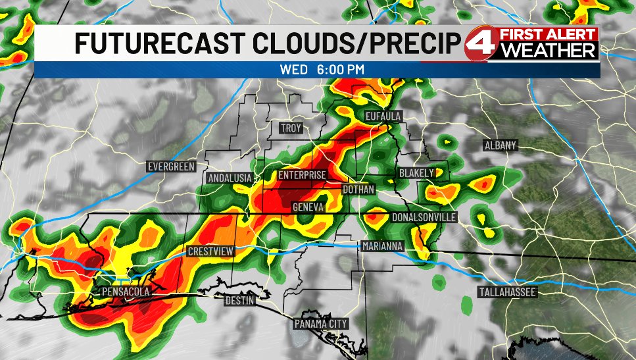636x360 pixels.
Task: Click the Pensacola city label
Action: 126,291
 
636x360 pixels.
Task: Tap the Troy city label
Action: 290,128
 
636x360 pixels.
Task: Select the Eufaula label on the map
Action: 383,116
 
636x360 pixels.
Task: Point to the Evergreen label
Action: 171,167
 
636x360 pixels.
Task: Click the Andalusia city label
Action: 230,178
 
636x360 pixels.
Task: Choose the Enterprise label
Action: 302,175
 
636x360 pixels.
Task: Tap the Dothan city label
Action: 358,190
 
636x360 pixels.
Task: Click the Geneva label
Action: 308,207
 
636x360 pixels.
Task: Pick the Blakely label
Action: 416,173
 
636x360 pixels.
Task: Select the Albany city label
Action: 501,145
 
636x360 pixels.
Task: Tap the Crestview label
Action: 208,251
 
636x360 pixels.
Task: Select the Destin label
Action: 239,300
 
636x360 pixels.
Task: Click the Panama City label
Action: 320,324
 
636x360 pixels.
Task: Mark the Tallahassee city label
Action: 508,292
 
